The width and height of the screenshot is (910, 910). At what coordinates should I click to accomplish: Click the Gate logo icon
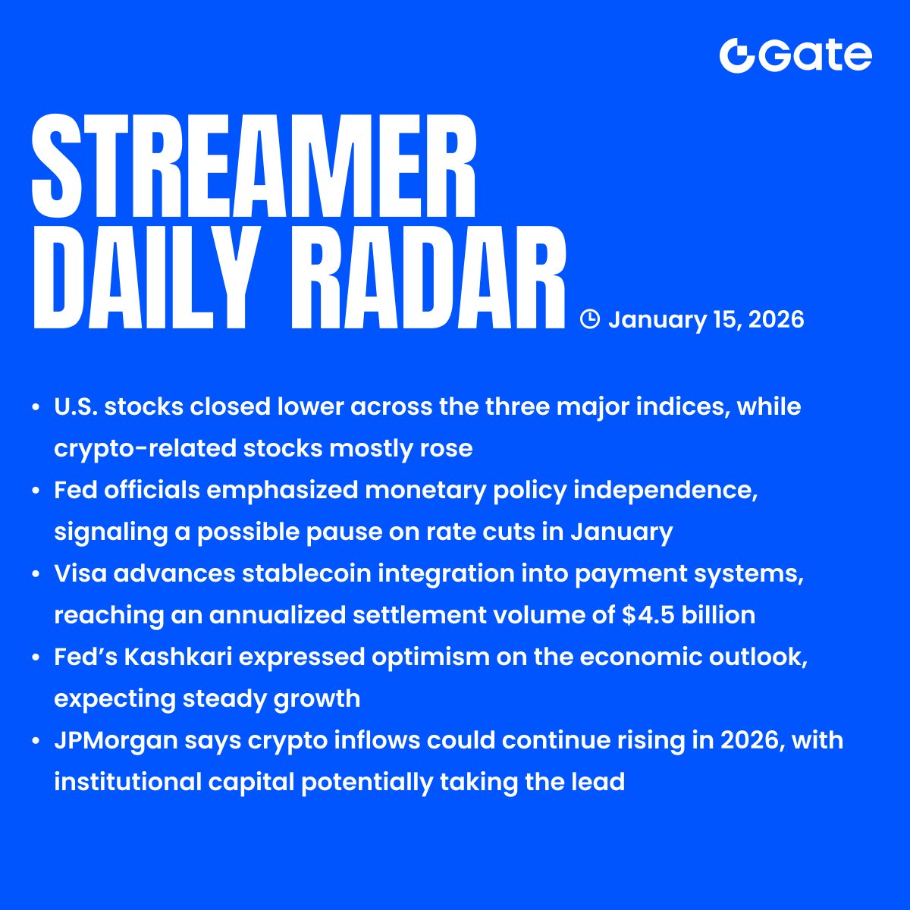[x=737, y=55]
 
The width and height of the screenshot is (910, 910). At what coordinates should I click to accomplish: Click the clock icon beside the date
[x=589, y=319]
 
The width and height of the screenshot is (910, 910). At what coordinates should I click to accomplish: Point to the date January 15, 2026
[x=705, y=319]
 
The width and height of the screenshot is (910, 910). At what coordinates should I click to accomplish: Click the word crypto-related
[x=144, y=448]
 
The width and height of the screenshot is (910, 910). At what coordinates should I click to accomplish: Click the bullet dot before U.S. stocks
[x=36, y=408]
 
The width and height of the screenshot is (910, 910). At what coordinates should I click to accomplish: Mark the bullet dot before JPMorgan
[x=36, y=741]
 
